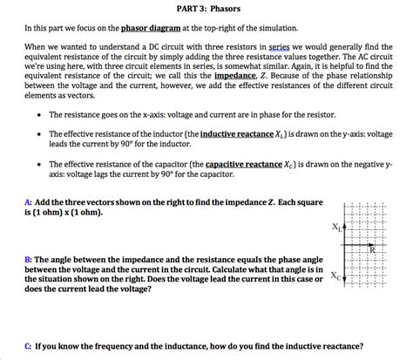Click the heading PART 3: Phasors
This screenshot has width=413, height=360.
[206, 9]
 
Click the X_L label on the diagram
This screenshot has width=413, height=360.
[337, 228]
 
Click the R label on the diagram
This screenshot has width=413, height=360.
[373, 249]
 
